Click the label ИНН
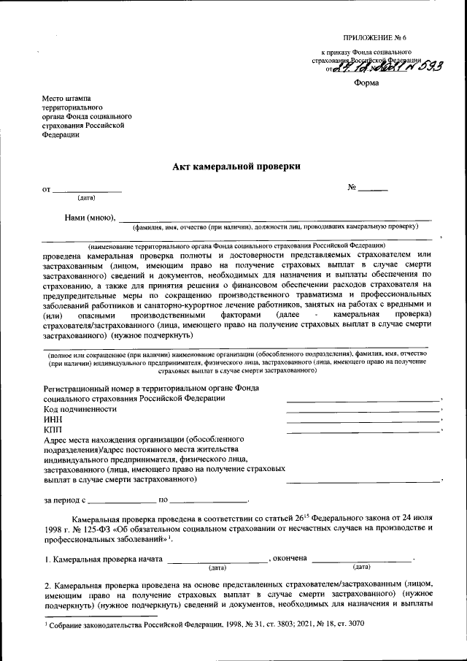coord(53,420)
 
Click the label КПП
coord(53,430)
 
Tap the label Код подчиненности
coord(80,410)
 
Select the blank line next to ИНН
coord(363,422)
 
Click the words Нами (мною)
coord(90,217)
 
